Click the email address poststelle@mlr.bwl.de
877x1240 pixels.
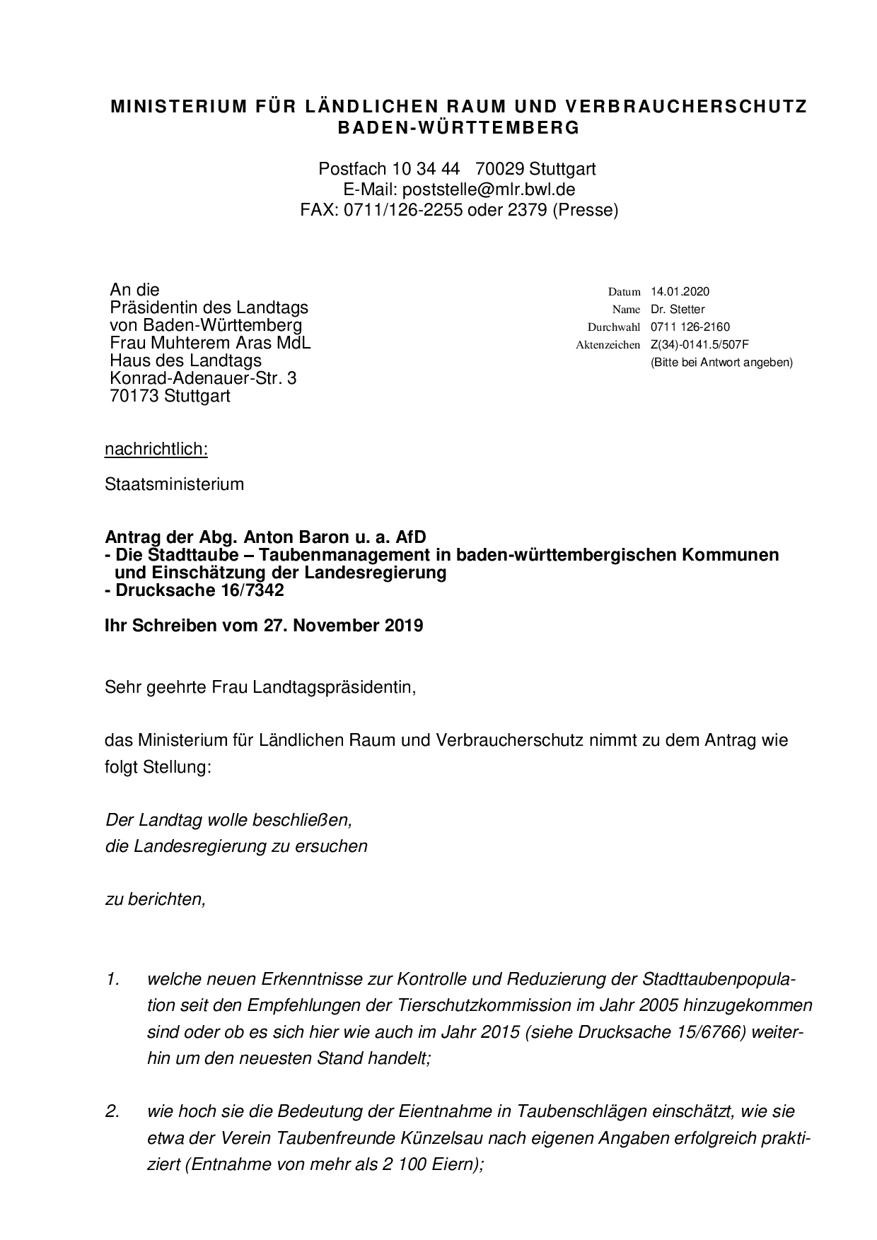click(488, 189)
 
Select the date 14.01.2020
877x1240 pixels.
click(680, 291)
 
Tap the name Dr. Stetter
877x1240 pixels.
click(678, 309)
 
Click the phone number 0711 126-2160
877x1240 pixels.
click(690, 327)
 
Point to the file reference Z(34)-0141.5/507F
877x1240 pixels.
click(699, 344)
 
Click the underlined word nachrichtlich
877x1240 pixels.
click(156, 449)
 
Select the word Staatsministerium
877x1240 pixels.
click(174, 484)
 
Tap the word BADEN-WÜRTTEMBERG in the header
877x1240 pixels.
click(458, 128)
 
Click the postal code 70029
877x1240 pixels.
click(499, 169)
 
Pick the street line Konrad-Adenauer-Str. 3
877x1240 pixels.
click(203, 378)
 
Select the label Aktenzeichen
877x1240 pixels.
click(608, 345)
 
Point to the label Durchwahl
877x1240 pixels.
click(614, 327)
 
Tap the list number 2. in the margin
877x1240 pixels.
click(112, 1111)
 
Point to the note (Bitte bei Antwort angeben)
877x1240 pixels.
click(721, 362)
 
